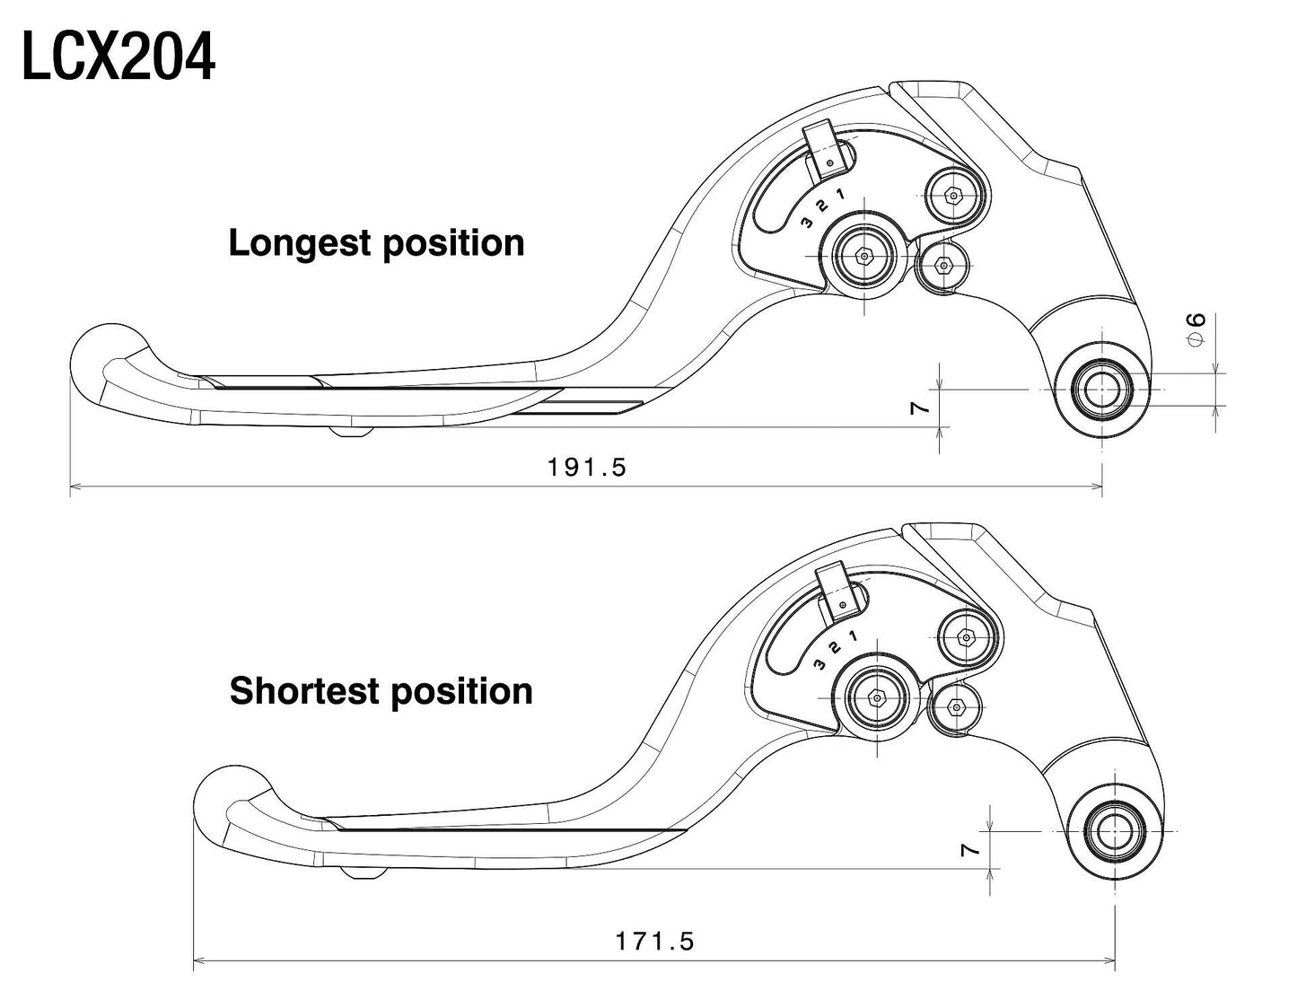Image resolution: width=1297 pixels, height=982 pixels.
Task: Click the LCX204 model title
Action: pyautogui.click(x=118, y=58)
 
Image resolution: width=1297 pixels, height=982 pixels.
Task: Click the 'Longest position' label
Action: pyautogui.click(x=376, y=243)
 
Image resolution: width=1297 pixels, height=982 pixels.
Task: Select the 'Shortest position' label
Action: pyautogui.click(x=381, y=691)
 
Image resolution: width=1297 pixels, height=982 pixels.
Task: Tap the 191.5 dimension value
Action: pyautogui.click(x=586, y=467)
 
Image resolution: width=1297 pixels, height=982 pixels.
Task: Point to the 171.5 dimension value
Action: pyautogui.click(x=654, y=942)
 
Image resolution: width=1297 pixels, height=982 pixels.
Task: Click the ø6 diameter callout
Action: pyautogui.click(x=1196, y=329)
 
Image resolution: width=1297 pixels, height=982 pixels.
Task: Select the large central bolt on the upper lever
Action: pyautogui.click(x=864, y=256)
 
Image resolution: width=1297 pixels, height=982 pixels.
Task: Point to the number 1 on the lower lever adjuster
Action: pyautogui.click(x=852, y=636)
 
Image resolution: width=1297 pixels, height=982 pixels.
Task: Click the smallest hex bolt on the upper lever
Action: pyautogui.click(x=943, y=265)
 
